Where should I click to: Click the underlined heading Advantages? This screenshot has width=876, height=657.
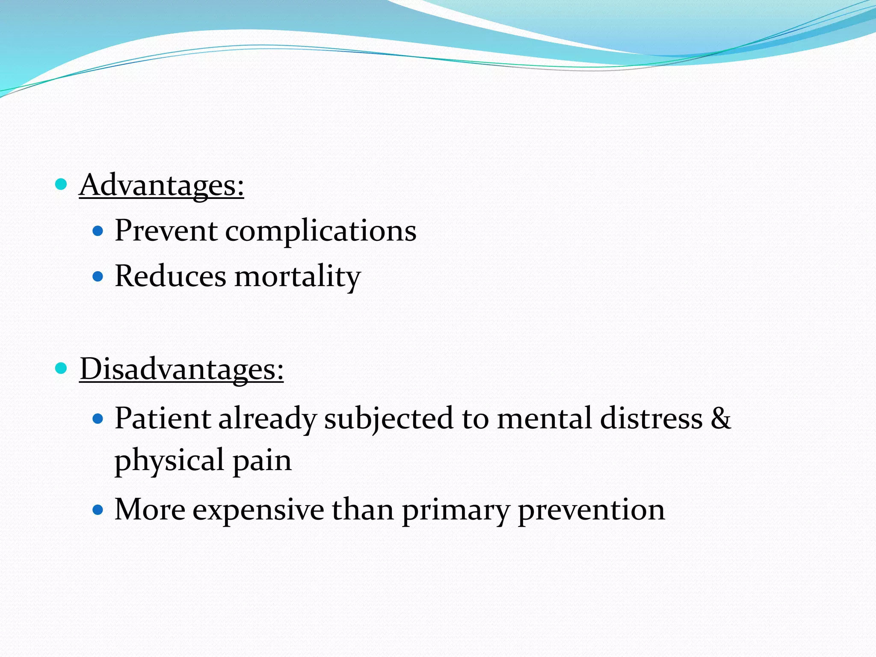162,185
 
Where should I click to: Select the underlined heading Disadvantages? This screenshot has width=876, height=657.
181,369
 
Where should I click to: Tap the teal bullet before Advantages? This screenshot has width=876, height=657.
61,184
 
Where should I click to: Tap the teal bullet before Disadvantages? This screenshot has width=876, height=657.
61,368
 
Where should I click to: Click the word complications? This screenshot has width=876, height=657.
320,231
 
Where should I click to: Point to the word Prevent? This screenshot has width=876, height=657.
166,231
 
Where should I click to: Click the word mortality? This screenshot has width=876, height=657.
298,277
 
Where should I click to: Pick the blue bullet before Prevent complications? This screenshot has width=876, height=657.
98,231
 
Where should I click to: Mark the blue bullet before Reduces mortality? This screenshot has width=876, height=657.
98,277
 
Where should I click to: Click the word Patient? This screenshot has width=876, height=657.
162,418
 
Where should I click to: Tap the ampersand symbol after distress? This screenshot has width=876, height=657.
721,418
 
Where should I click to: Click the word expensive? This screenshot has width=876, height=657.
258,510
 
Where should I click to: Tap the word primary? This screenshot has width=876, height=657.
456,510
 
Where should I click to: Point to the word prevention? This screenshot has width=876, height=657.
591,510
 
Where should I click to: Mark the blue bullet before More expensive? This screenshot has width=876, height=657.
98,510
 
